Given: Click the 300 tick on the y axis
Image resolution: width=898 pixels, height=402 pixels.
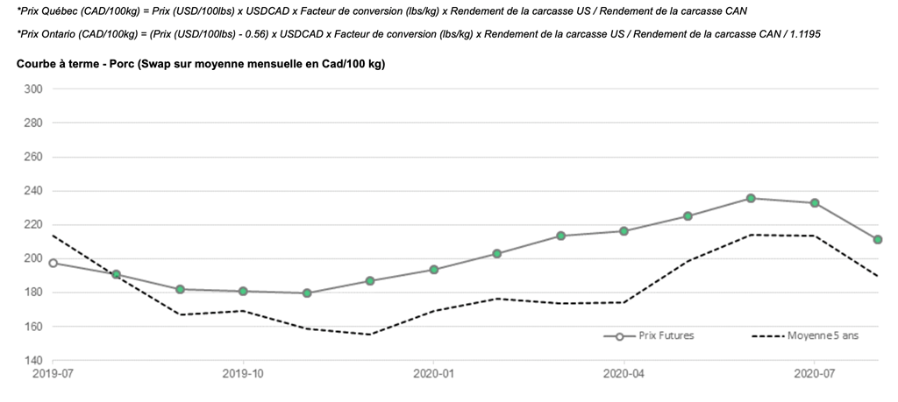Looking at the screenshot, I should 32,89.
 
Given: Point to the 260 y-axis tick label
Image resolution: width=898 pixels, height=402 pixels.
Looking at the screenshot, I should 32,158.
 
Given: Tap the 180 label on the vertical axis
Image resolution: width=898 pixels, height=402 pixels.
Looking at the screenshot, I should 32,293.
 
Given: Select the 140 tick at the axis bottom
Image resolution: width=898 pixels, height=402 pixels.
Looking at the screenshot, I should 32,361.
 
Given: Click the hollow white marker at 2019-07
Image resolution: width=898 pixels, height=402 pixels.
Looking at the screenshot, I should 53,263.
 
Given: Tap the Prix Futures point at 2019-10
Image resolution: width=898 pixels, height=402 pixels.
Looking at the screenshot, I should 243,292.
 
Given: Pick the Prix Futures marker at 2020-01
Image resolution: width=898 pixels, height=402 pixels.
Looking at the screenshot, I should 433,270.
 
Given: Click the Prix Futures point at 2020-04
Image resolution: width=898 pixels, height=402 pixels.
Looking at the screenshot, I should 624,231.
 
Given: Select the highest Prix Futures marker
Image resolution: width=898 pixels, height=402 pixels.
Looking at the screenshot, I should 751,198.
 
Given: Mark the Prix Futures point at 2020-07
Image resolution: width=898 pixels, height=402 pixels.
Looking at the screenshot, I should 815,203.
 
